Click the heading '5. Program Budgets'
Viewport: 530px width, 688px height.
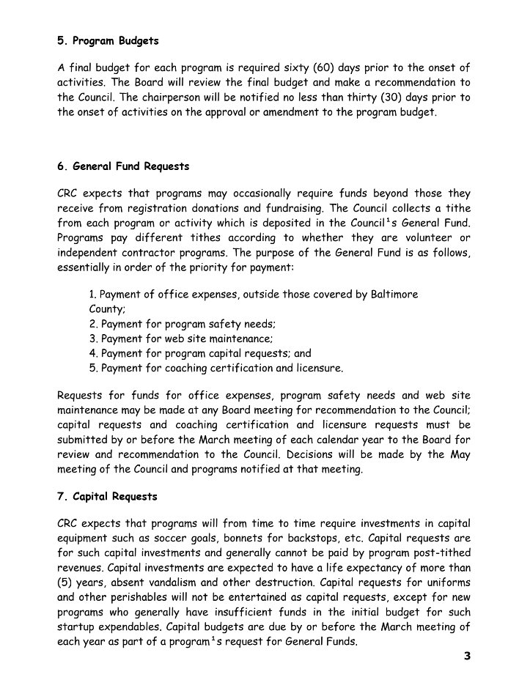(108, 40)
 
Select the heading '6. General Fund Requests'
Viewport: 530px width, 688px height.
(123, 166)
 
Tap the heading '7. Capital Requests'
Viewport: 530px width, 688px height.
(107, 497)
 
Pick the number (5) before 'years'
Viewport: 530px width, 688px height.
(65, 582)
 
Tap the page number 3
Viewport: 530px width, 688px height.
(466, 656)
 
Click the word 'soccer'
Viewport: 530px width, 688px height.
(155, 539)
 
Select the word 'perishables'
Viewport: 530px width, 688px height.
(121, 597)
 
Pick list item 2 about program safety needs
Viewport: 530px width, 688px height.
(183, 324)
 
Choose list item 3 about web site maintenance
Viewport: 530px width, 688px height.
(181, 339)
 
